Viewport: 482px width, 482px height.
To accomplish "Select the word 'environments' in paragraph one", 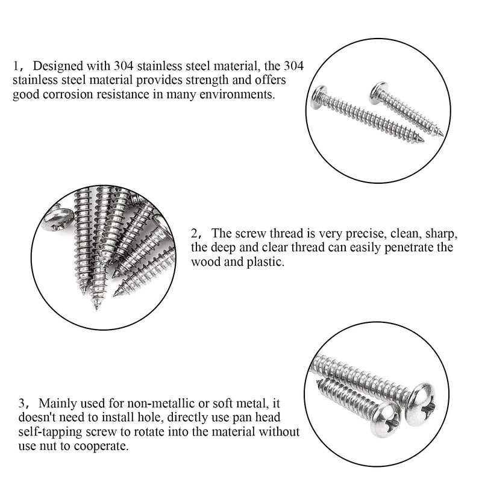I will [240, 95].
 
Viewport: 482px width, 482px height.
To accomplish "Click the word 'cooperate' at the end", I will [105, 447].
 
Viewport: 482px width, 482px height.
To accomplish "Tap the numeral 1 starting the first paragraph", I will [16, 65].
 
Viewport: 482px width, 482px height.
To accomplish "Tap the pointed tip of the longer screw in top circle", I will [421, 140].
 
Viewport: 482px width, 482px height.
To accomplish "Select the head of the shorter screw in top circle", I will [378, 92].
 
